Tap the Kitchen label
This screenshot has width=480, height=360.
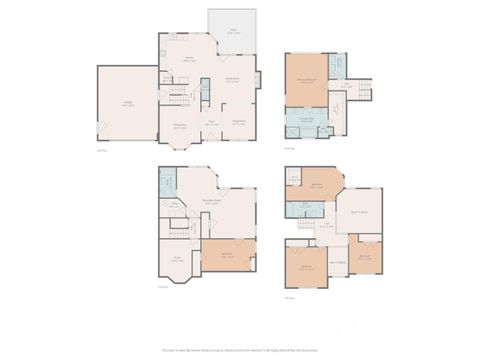tap(188, 60)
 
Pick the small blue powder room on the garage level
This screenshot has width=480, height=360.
tap(204, 87)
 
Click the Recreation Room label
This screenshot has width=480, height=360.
tap(213, 203)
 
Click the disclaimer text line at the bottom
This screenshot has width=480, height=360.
tap(240, 351)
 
